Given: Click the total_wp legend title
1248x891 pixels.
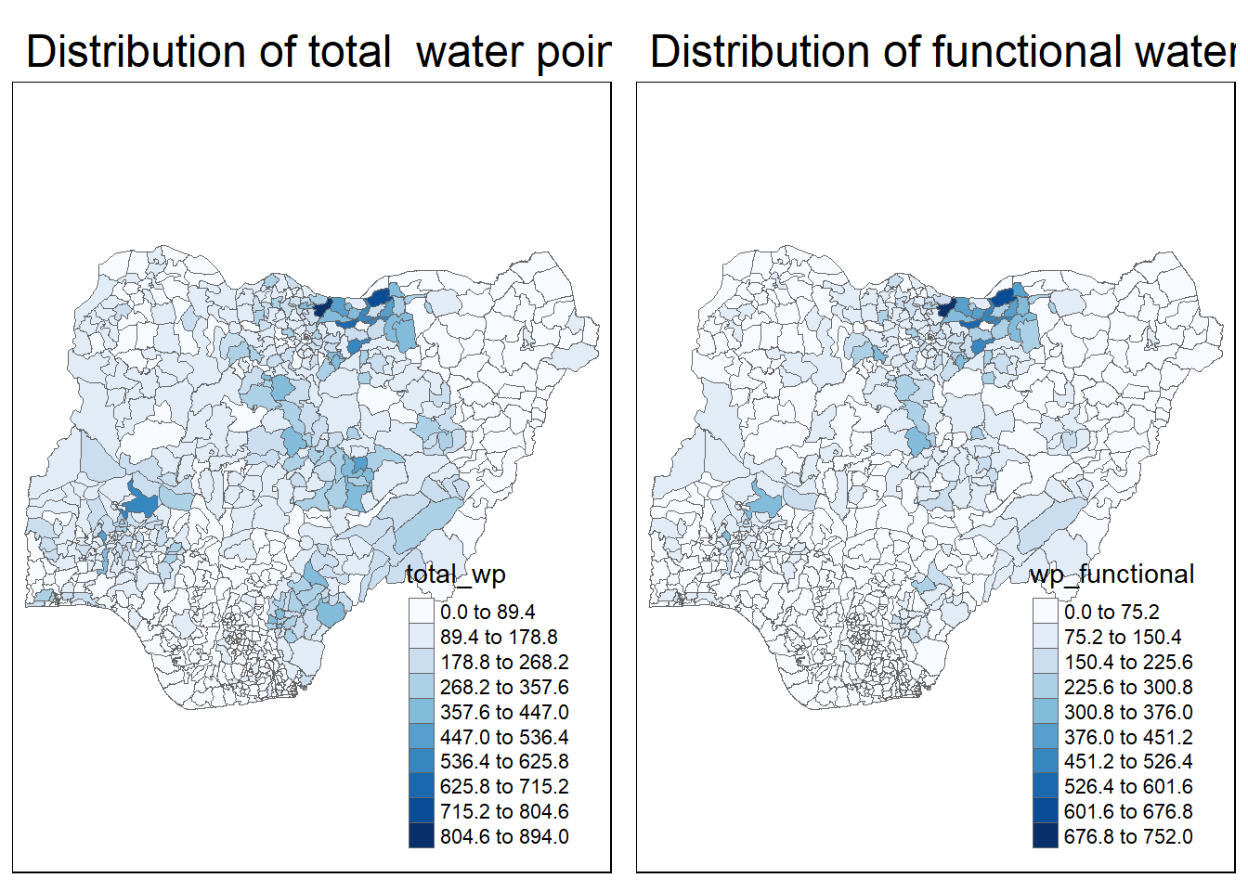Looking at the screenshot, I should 455,575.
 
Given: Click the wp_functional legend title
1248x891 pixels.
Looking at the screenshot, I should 1111,575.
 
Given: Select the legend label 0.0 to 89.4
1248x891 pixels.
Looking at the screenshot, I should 487,613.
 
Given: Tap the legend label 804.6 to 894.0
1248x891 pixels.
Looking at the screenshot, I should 504,837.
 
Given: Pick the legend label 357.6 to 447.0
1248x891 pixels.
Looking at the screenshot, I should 504,713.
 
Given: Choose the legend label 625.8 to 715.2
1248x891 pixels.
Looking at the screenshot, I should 504,787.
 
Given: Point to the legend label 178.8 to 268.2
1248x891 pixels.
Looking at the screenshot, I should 504,663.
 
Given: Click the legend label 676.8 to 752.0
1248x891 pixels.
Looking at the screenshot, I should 1128,837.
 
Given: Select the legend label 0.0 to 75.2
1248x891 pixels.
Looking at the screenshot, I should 1111,613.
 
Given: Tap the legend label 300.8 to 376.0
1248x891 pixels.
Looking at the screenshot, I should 1128,713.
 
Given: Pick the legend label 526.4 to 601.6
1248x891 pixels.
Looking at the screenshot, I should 1128,787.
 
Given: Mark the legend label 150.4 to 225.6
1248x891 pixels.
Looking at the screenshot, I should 1128,663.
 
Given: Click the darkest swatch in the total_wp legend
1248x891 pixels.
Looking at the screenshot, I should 422,835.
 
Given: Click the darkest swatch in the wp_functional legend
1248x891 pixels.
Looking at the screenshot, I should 1046,835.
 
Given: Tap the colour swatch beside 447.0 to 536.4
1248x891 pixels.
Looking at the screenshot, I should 422,736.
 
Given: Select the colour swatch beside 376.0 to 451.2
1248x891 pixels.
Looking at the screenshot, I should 1046,736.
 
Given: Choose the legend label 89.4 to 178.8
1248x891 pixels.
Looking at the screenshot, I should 499,638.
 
